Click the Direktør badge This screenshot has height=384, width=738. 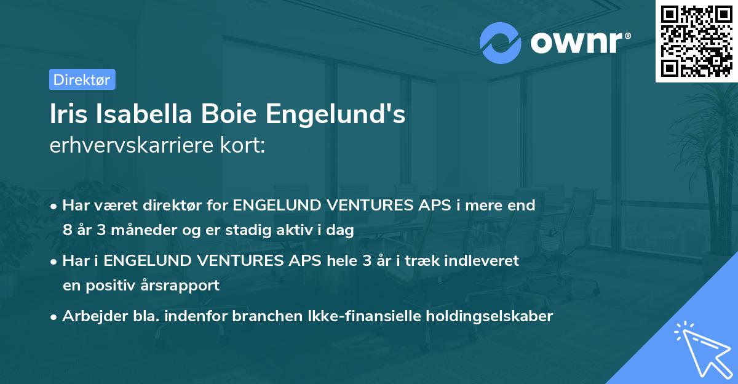point(82,79)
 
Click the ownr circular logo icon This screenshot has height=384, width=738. point(501,42)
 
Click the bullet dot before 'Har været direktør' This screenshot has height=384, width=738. point(55,206)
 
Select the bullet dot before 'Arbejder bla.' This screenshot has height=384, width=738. point(55,317)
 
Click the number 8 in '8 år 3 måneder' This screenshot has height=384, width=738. point(67,231)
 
